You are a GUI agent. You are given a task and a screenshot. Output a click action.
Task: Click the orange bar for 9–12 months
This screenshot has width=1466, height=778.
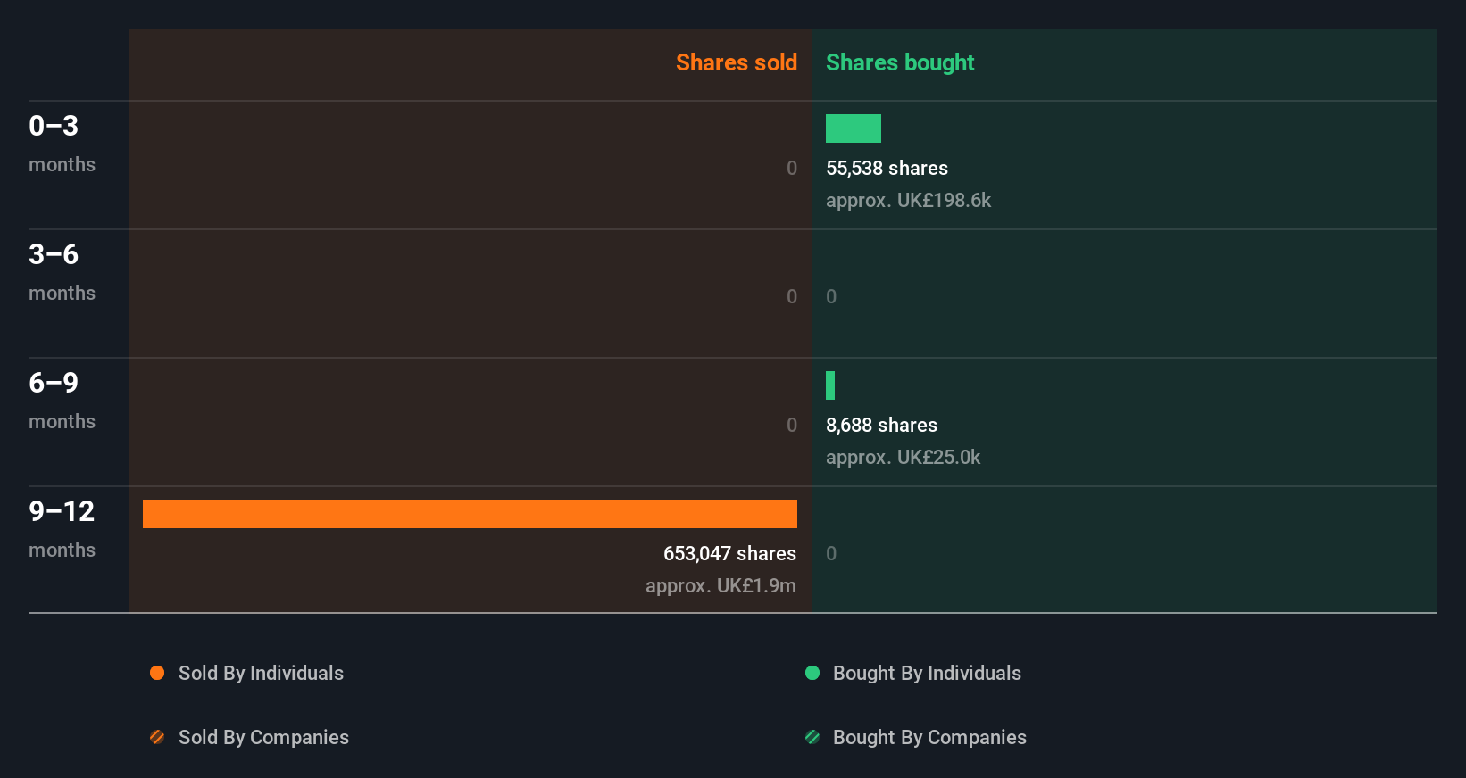[470, 514]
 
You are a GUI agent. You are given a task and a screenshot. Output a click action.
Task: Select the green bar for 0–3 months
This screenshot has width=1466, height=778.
[853, 128]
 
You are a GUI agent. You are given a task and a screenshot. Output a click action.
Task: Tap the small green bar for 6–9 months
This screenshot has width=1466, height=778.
[830, 385]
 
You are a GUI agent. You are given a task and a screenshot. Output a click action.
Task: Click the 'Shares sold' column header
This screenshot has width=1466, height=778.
[736, 62]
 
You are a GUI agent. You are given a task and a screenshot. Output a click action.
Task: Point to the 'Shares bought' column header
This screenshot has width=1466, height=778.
[899, 62]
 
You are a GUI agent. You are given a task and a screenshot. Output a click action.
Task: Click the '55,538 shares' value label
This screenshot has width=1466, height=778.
[887, 168]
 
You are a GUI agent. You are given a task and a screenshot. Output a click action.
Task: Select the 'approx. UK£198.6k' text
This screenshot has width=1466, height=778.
[908, 200]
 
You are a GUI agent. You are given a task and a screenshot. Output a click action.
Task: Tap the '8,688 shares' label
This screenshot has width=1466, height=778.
[881, 425]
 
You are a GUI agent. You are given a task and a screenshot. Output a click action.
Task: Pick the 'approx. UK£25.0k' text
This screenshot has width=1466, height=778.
[903, 457]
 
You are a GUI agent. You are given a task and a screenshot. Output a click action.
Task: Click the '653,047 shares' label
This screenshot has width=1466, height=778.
[729, 553]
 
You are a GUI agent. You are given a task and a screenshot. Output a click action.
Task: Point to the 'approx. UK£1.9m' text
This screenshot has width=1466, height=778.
[721, 585]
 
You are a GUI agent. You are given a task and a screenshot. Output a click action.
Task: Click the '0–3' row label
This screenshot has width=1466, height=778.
[54, 126]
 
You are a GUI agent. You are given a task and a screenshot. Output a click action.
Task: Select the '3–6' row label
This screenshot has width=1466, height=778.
[54, 254]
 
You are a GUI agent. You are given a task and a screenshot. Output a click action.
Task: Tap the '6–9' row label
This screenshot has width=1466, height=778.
[54, 383]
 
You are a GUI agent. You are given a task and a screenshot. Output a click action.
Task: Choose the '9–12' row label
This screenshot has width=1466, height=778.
[62, 511]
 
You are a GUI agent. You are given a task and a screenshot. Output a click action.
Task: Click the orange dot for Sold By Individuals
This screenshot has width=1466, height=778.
[157, 673]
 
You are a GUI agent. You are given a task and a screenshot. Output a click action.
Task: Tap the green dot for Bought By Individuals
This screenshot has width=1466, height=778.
[812, 673]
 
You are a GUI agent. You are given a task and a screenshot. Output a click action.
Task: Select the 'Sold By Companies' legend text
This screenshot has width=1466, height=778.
[263, 737]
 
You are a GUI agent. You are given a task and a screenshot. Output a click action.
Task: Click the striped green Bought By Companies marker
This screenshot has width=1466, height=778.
[812, 737]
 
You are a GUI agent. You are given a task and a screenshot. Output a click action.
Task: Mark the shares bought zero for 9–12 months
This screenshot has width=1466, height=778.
[831, 553]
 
